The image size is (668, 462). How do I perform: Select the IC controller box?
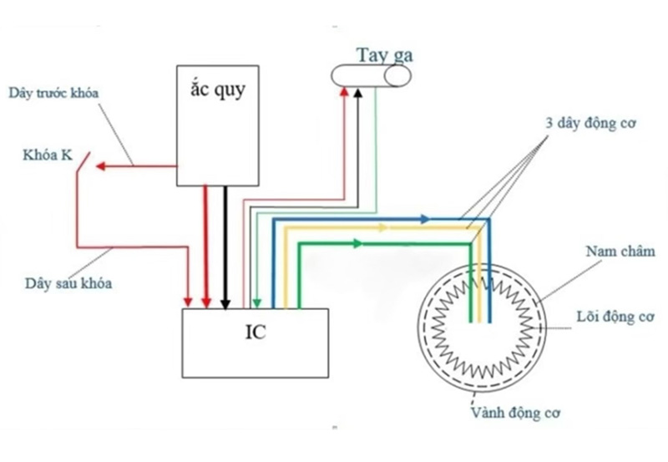(256, 343)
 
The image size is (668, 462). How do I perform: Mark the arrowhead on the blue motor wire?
(425, 219)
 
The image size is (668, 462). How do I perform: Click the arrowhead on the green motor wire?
(358, 244)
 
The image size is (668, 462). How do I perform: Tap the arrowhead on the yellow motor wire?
(385, 227)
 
